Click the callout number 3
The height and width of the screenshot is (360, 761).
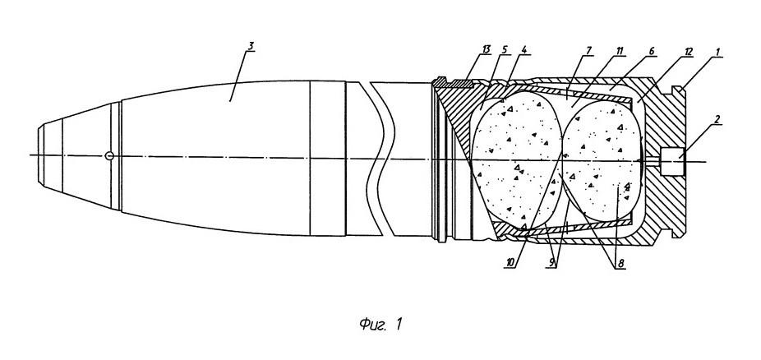point(251,47)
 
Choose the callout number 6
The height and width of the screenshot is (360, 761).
point(652,50)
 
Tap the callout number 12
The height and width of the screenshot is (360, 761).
point(689,52)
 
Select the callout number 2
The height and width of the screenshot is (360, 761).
point(717,118)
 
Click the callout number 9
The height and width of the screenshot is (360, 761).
point(551,262)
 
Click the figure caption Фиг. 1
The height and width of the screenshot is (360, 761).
point(381,324)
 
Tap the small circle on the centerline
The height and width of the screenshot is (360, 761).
point(109,155)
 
